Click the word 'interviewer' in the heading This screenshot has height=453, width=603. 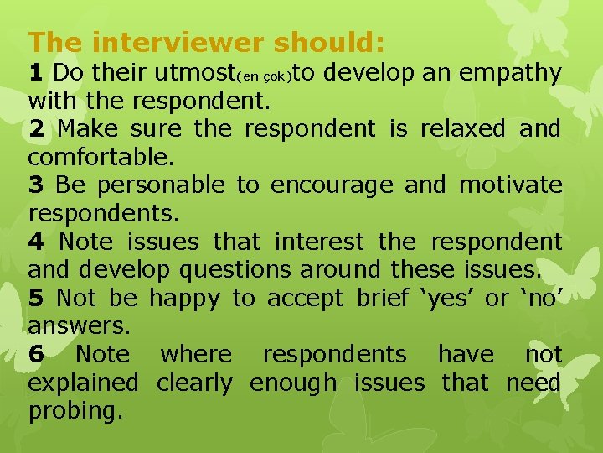(172, 42)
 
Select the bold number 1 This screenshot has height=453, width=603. (35, 74)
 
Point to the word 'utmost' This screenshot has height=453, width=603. (194, 74)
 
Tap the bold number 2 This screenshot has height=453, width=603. (35, 130)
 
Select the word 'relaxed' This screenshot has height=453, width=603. (463, 130)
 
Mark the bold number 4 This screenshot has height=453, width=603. (35, 242)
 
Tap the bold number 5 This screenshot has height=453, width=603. (35, 299)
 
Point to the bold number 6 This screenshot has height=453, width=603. (35, 355)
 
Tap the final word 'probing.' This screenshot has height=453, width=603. (75, 411)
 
